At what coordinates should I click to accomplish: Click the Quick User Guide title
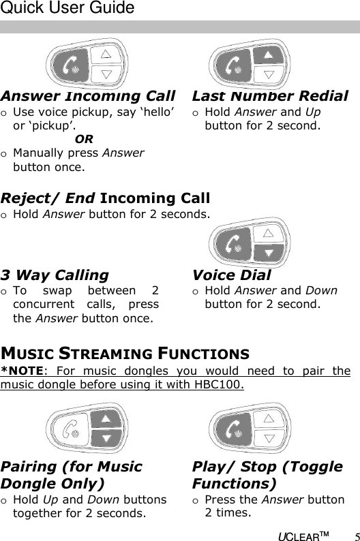click(x=67, y=9)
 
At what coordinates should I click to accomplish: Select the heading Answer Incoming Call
click(x=87, y=96)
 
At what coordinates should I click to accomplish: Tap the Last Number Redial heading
click(x=270, y=96)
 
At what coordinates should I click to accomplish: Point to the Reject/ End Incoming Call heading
click(x=105, y=198)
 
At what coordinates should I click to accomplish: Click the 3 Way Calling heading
click(x=55, y=275)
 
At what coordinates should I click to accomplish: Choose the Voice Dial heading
click(x=231, y=275)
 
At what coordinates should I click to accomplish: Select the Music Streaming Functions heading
click(x=125, y=354)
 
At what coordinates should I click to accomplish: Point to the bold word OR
click(x=84, y=140)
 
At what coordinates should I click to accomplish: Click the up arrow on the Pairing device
click(x=105, y=418)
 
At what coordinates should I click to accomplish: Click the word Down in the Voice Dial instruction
click(x=322, y=290)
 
